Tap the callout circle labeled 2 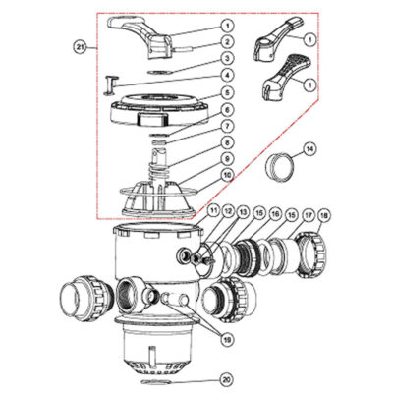[x=227, y=40]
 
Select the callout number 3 [x=227, y=59]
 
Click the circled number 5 [x=227, y=92]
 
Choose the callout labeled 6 [x=227, y=109]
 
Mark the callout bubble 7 [x=227, y=126]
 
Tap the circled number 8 [x=227, y=142]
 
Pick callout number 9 [x=227, y=159]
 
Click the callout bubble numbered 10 [x=227, y=176]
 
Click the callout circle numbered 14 [x=310, y=149]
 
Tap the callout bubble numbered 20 [x=227, y=379]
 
